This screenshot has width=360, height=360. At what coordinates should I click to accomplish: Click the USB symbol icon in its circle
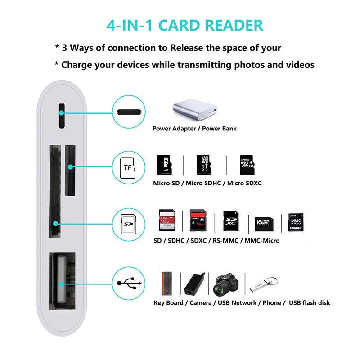point(128,283)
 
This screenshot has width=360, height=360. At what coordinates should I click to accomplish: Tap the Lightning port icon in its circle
point(128,112)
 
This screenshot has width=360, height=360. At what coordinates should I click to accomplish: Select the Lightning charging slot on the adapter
point(62,115)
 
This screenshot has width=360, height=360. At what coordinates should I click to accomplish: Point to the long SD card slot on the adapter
point(54,190)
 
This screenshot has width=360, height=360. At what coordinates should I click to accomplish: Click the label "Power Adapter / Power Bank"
point(194,129)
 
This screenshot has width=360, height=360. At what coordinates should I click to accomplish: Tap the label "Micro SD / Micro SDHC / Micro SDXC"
point(207,183)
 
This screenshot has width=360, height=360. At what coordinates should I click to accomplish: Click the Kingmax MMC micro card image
point(295,222)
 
